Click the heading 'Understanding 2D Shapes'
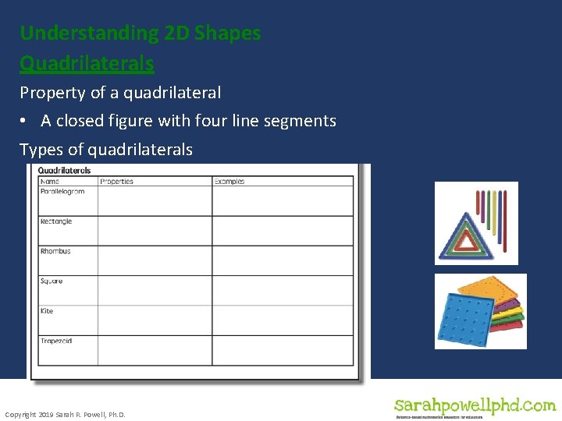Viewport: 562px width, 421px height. pos(140,34)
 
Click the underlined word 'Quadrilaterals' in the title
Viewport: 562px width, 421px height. pos(87,62)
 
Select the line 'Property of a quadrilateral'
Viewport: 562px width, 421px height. pos(120,93)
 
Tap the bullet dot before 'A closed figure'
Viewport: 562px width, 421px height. pos(26,121)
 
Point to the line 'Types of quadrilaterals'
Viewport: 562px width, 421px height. pos(106,150)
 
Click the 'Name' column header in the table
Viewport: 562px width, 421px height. pos(48,182)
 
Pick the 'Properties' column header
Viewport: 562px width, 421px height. pos(116,182)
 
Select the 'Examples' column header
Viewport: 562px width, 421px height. pos(229,182)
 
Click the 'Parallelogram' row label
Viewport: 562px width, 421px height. pos(62,192)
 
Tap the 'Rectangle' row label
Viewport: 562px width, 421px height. pos(56,221)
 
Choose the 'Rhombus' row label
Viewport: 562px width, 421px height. pos(55,251)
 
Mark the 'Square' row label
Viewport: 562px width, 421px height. pos(52,281)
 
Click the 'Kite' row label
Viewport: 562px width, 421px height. pos(47,311)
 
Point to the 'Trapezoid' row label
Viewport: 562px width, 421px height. pos(56,341)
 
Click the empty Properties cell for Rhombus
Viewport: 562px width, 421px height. pos(155,260)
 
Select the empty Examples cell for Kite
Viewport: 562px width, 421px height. pos(283,320)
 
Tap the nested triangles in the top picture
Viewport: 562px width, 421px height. pos(467,233)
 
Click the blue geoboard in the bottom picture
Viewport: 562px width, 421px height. pos(466,320)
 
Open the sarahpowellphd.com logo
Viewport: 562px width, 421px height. pos(475,407)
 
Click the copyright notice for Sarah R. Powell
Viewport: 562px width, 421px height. pos(65,415)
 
